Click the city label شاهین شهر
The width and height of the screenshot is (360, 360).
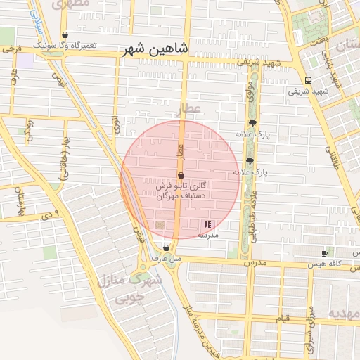pyautogui.click(x=155, y=50)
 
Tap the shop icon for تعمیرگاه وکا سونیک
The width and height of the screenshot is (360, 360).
pyautogui.click(x=65, y=34)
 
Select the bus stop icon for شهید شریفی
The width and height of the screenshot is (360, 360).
pyautogui.click(x=309, y=79)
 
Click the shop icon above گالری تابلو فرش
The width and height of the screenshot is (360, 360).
pyautogui.click(x=181, y=175)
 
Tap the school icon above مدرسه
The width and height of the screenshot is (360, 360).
pyautogui.click(x=207, y=224)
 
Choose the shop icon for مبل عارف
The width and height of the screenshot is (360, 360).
pyautogui.click(x=166, y=247)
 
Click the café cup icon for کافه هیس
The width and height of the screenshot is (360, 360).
pyautogui.click(x=324, y=253)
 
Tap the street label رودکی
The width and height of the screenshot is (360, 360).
pyautogui.click(x=30, y=130)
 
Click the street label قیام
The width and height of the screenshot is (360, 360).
pyautogui.click(x=282, y=319)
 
